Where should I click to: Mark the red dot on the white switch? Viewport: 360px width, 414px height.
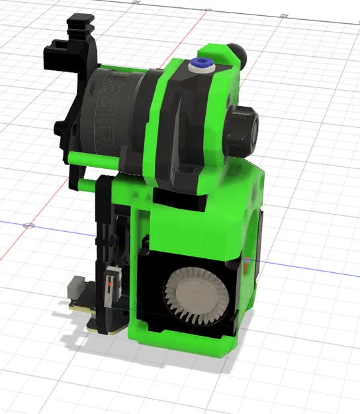(108, 285)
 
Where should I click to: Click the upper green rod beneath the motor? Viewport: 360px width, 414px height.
(93, 159)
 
